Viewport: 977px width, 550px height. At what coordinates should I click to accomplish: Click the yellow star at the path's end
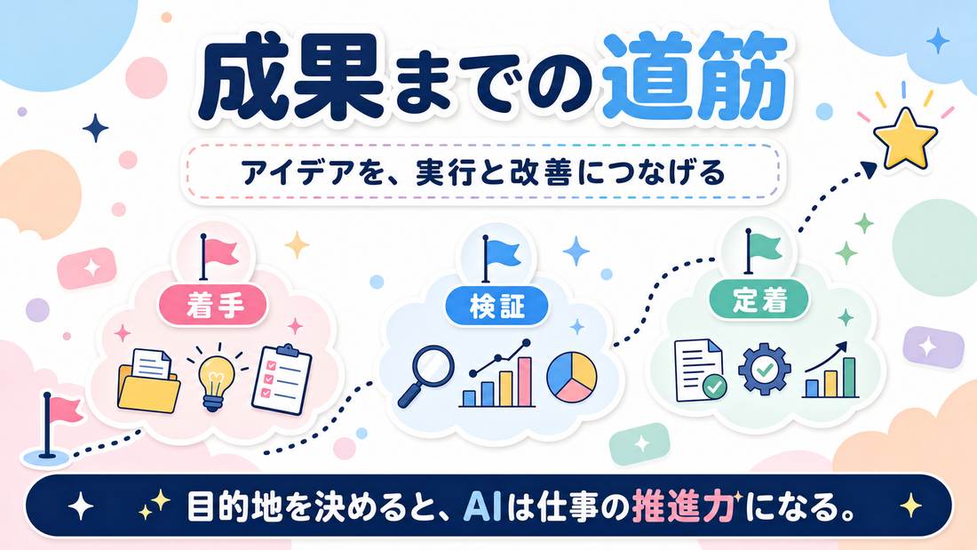(x=905, y=138)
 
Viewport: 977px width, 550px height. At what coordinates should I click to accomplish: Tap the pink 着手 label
(x=213, y=307)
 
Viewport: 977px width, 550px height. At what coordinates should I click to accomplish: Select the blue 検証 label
(x=496, y=307)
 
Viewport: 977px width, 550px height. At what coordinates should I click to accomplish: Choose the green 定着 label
(x=759, y=300)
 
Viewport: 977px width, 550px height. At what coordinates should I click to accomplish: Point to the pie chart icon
(x=571, y=377)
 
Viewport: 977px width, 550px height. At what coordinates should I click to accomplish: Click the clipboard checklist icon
(x=282, y=379)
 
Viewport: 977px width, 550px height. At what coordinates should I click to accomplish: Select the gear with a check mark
(x=764, y=369)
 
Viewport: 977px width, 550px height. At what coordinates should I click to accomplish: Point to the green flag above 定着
(x=761, y=251)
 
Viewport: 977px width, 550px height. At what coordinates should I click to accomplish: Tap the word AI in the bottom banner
(x=483, y=507)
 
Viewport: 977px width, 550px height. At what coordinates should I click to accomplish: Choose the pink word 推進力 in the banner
(x=684, y=507)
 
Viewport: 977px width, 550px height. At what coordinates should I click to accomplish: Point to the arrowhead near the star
(x=870, y=168)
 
